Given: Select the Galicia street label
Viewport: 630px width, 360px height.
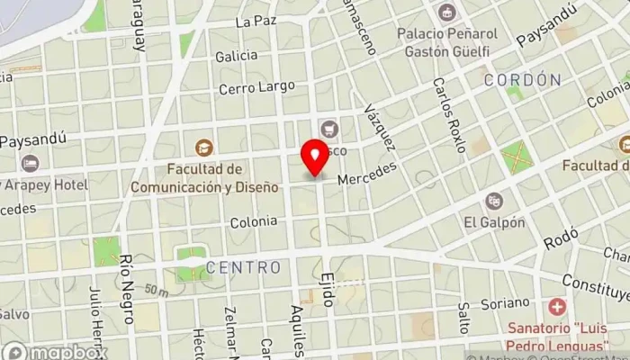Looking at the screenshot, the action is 237,56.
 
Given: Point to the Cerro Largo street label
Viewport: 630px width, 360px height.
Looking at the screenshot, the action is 256,87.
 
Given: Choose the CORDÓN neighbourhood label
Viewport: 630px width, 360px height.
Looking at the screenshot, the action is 522,80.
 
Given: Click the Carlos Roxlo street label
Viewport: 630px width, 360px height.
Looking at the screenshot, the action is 447,114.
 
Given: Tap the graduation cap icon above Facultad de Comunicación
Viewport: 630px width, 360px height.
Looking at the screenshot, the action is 204,147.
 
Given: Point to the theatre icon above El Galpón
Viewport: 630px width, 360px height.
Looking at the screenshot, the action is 494,201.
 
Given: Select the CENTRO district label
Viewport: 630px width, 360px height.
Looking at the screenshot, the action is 243,267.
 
